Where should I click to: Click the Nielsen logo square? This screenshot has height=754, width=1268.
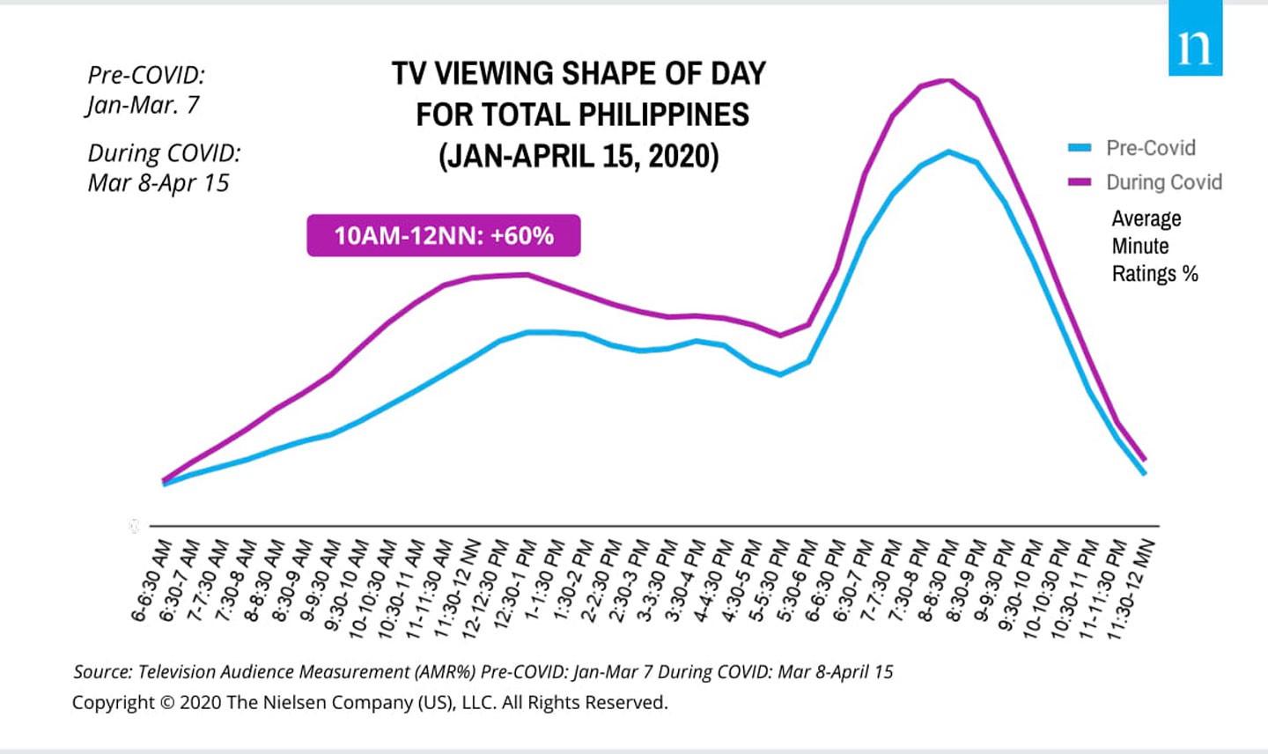click(1195, 39)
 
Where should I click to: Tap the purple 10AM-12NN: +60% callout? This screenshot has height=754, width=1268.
click(444, 235)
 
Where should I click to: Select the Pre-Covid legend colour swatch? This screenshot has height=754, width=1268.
click(1080, 148)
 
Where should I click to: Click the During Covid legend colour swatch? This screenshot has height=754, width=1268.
click(1080, 182)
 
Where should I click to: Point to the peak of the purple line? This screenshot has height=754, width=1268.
click(948, 80)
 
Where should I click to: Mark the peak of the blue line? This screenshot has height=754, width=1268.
click(948, 152)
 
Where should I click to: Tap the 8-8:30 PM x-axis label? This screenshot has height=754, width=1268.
click(938, 581)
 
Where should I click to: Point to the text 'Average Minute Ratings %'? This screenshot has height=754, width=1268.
click(1154, 246)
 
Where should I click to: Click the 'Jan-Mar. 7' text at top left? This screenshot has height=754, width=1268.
click(143, 106)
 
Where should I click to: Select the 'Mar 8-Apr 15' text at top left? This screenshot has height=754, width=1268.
click(158, 183)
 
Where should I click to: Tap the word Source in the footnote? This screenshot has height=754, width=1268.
click(101, 672)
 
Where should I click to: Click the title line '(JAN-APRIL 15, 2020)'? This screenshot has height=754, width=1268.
click(579, 156)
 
